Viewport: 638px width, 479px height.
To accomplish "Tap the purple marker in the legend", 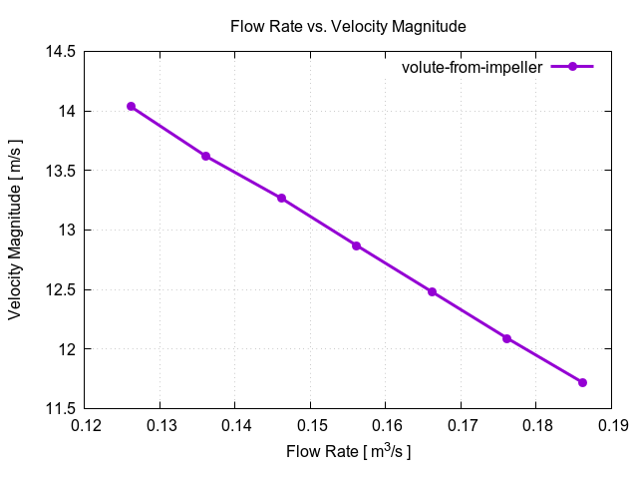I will coord(572,67).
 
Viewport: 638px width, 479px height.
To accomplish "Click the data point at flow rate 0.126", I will coord(131,107).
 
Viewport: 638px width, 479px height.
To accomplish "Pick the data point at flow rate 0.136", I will coord(205,156).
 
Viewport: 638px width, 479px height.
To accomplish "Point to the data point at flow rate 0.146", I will coord(281,198).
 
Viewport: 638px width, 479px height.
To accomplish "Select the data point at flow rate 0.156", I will coord(356,245).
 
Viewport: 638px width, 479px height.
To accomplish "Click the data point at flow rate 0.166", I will coord(432,291).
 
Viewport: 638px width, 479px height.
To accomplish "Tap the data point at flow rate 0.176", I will coord(506,338).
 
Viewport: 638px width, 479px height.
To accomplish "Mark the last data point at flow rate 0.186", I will coord(582,382).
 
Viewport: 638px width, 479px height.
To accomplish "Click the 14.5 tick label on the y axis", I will coord(61,51).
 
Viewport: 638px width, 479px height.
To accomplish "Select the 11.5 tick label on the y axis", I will coord(61,408).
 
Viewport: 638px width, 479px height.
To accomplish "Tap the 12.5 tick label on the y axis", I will coord(61,289).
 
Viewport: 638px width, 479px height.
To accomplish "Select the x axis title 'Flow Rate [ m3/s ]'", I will coord(348,452).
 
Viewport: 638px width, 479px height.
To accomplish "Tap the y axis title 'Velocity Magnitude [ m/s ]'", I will coord(16,230).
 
